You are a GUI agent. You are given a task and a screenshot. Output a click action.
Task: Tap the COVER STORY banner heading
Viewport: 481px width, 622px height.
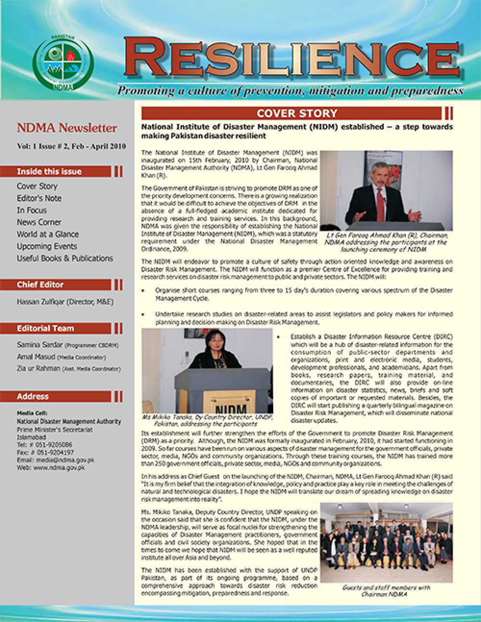pos(297,114)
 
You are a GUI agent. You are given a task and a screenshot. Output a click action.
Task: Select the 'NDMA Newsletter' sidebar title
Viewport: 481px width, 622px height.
pos(67,128)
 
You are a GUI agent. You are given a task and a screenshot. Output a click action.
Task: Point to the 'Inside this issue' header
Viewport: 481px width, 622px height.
pos(49,172)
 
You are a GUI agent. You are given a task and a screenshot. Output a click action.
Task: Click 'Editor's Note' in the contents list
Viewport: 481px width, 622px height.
pos(39,198)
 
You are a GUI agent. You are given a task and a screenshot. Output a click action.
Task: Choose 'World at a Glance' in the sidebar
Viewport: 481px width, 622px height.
pos(48,234)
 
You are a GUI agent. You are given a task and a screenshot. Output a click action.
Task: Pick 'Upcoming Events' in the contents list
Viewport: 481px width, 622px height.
pos(47,246)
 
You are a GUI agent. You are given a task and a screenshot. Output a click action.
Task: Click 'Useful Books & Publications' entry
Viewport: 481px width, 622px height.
pos(64,258)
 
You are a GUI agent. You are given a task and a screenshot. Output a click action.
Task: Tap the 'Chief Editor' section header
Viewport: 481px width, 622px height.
pos(40,285)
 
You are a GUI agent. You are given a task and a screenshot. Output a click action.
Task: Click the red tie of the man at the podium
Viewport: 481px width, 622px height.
pos(380,202)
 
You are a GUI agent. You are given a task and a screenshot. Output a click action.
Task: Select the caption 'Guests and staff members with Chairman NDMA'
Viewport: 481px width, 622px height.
pos(386,591)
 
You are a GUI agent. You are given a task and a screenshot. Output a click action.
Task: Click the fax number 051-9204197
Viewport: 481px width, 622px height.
pos(53,452)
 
